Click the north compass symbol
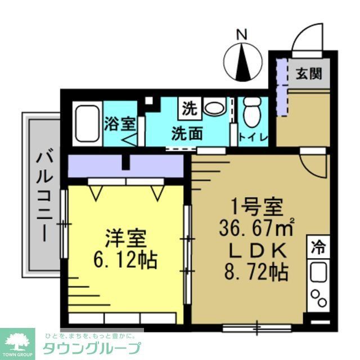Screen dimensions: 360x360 click(242, 61)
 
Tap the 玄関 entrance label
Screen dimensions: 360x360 click(309, 73)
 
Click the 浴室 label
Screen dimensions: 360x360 click(119, 124)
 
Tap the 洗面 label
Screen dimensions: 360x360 click(187, 135)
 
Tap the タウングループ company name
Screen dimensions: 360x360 click(93, 346)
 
